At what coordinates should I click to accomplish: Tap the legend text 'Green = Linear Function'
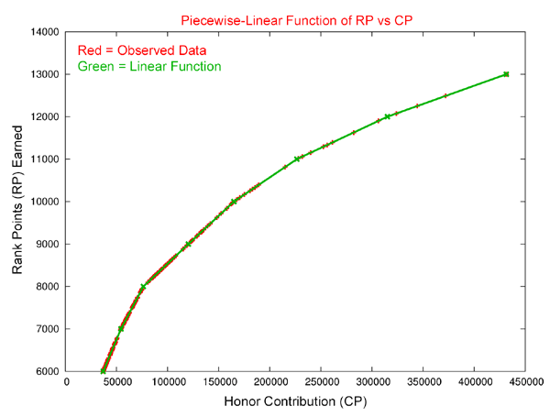[x=149, y=66]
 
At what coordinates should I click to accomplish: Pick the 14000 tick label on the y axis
[x=43, y=32]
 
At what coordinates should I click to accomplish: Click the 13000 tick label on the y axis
[x=43, y=74]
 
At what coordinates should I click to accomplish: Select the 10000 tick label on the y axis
[x=43, y=202]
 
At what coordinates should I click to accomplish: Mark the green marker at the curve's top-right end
[x=506, y=74]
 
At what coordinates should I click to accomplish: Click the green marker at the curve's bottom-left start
[x=103, y=371]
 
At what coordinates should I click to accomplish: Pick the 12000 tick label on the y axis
[x=43, y=116]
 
